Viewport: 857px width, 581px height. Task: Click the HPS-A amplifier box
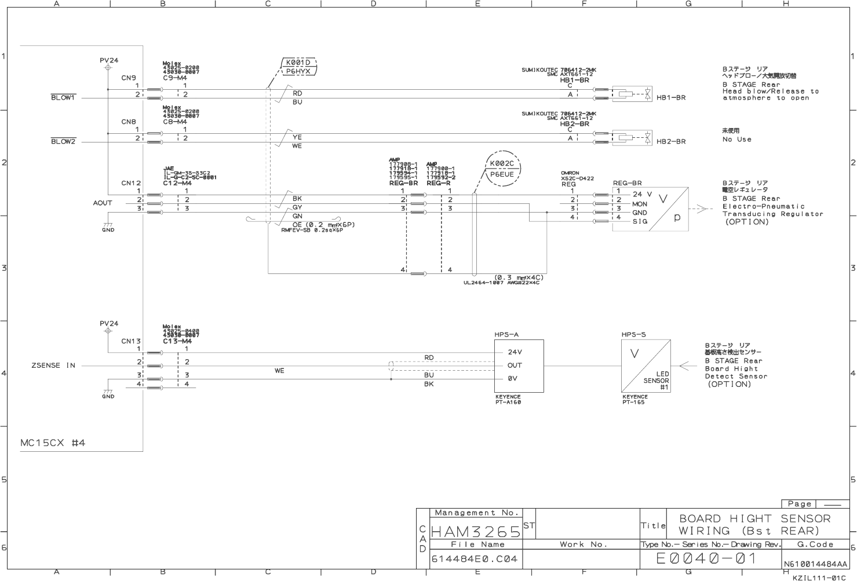tap(519, 366)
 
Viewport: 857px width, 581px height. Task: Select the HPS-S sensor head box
tap(646, 366)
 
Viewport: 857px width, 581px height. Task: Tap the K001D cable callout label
tap(298, 62)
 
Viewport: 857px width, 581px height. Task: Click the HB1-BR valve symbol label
tap(671, 97)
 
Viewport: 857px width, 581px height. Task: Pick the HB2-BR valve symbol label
tap(671, 141)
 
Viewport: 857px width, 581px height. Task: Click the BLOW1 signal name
tap(63, 97)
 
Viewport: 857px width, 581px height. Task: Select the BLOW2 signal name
tap(63, 141)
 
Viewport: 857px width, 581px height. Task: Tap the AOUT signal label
tap(103, 203)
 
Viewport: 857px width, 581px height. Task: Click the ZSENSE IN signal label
tap(53, 366)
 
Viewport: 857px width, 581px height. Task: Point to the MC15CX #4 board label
tap(53, 443)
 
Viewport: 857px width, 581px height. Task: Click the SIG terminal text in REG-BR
tap(640, 221)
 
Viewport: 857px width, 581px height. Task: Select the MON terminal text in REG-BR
tap(640, 204)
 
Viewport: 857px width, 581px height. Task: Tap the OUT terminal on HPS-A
tap(515, 366)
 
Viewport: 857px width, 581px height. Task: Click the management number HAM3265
tap(476, 531)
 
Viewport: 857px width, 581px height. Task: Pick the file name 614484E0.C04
tap(475, 559)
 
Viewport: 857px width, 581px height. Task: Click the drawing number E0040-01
tap(706, 558)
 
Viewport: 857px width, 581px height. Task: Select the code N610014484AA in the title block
tap(815, 564)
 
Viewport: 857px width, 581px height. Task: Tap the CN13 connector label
tap(131, 341)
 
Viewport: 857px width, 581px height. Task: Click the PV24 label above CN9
tap(109, 60)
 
